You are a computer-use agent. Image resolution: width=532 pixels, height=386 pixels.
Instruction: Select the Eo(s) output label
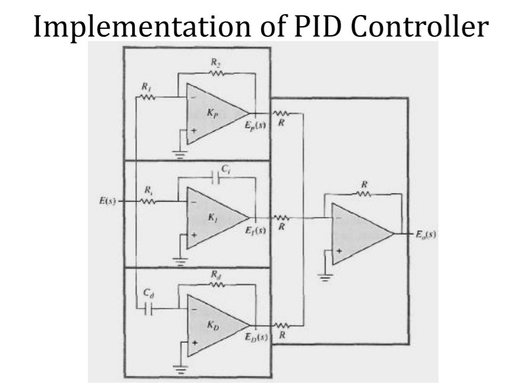(424, 233)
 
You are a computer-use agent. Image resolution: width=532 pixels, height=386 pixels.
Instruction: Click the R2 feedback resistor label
(215, 62)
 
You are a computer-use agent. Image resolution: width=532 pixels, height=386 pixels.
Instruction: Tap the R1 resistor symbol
(146, 98)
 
